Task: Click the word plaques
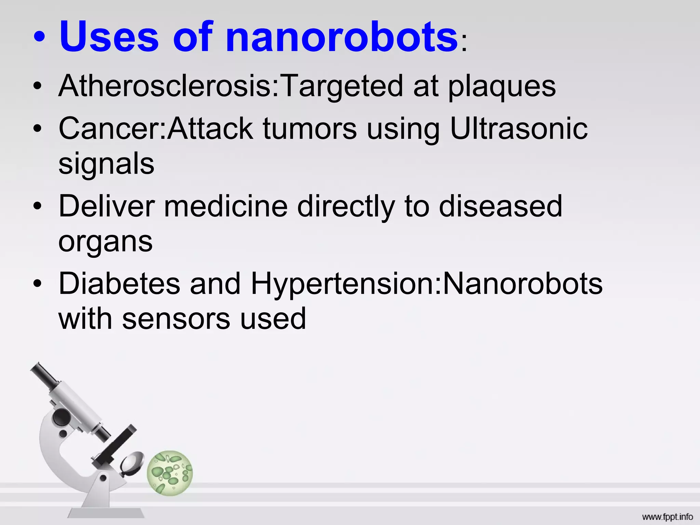pos(502,87)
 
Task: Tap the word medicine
pos(226,206)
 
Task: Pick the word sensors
pos(176,319)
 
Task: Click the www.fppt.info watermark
pos(667,517)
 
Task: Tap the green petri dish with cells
pos(170,473)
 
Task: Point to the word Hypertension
pos(342,284)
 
